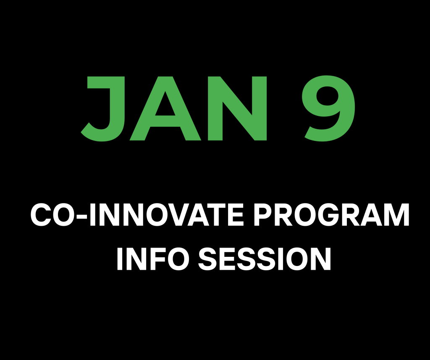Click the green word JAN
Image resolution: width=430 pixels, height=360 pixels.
point(174,109)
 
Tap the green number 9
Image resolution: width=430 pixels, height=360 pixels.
point(328,109)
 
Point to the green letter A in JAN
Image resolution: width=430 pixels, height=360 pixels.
point(165,109)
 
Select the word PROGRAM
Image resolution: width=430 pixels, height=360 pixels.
point(332,215)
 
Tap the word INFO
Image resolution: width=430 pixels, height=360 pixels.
point(153,259)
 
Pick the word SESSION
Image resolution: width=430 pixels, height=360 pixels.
point(265,259)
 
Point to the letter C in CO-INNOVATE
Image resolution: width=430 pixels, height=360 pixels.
point(41,215)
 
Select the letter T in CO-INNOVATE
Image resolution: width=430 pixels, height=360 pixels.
point(216,215)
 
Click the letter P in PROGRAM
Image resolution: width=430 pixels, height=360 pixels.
point(263,215)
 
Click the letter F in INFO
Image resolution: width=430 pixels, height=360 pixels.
point(153,259)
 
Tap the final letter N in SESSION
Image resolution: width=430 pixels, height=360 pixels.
point(320,259)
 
